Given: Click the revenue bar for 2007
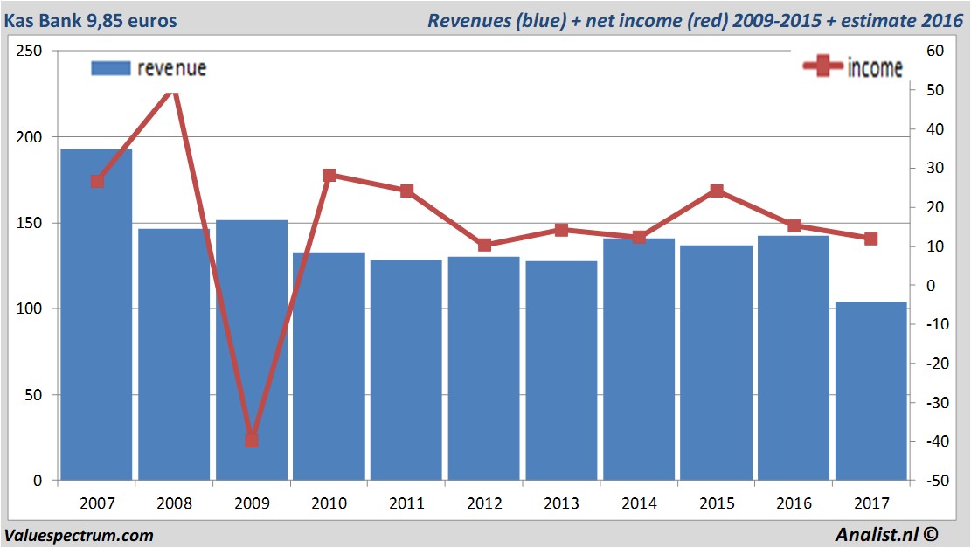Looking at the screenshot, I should pyautogui.click(x=96, y=315).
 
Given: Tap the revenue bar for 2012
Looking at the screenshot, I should pyautogui.click(x=483, y=368).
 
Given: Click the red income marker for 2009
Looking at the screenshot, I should pyautogui.click(x=252, y=440).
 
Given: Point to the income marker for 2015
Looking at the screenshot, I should pyautogui.click(x=716, y=191).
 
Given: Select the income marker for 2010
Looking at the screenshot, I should pyautogui.click(x=329, y=176).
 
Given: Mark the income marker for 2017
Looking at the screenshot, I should pyautogui.click(x=870, y=239).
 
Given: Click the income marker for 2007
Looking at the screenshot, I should pyautogui.click(x=97, y=181).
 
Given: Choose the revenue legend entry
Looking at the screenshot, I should pyautogui.click(x=149, y=68).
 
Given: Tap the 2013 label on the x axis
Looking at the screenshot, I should pyautogui.click(x=561, y=503).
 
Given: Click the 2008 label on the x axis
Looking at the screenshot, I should pyautogui.click(x=174, y=503).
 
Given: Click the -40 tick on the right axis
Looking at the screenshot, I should pyautogui.click(x=933, y=441).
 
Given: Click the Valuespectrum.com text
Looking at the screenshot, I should pyautogui.click(x=79, y=535).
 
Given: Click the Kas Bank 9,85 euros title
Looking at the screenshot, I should pyautogui.click(x=90, y=20).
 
